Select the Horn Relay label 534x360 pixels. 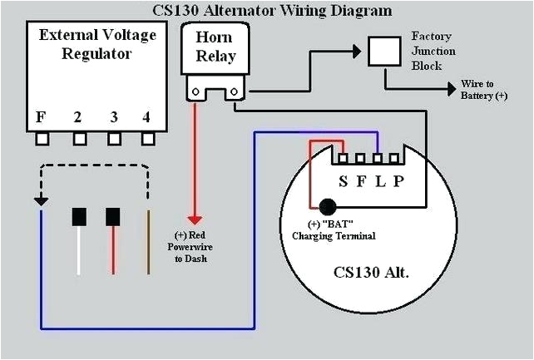click(215, 47)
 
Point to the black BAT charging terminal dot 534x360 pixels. click(327, 205)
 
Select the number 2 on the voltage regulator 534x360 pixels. click(77, 117)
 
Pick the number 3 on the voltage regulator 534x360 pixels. click(113, 117)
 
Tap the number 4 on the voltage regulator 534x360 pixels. click(146, 117)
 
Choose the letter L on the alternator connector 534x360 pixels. click(379, 180)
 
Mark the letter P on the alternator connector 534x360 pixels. click(398, 180)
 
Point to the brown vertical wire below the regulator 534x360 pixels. click(149, 241)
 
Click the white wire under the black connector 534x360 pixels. click(79, 249)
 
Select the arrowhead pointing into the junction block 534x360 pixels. click(357, 52)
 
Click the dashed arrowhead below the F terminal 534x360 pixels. click(40, 200)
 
